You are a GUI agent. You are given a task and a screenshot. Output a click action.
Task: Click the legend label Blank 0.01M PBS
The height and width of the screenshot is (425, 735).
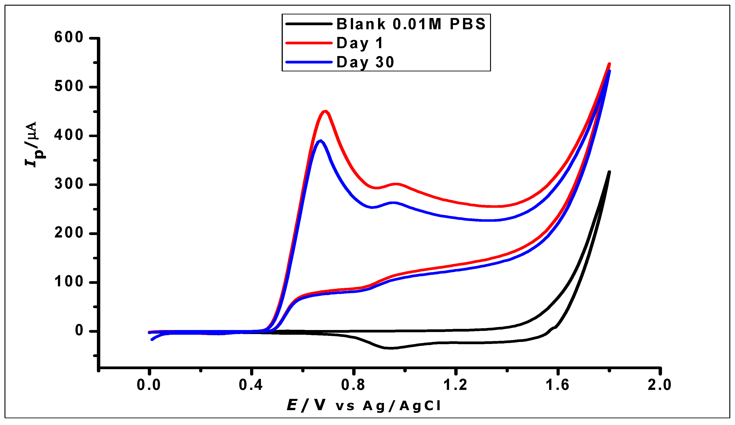[411, 24]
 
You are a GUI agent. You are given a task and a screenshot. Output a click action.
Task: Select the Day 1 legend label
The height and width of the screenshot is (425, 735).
[359, 43]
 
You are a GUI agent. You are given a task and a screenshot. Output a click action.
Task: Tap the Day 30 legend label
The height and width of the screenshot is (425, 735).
[365, 62]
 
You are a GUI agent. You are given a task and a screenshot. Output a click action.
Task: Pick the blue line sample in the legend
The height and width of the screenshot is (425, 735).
[309, 62]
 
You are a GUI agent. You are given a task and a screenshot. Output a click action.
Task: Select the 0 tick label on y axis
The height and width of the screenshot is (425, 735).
[79, 331]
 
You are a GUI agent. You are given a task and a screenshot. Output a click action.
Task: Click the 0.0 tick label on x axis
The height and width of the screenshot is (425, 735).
[149, 385]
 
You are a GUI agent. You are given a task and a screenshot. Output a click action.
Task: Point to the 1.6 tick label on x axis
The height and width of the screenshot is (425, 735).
[557, 385]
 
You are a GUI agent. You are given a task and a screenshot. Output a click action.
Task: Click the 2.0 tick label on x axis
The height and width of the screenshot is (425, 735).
[660, 385]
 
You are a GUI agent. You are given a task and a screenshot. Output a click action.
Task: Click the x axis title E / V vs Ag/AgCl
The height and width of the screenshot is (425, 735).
[363, 405]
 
